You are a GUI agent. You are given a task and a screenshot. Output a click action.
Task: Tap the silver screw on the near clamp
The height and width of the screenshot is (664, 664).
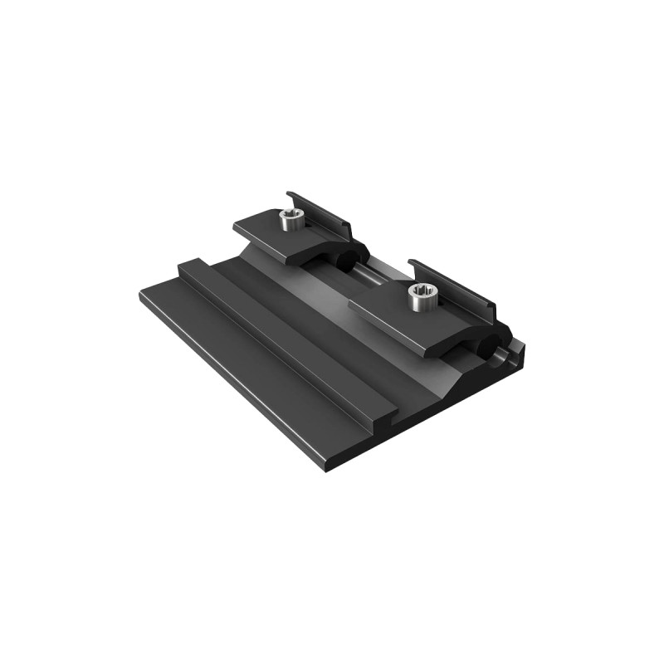point(422,295)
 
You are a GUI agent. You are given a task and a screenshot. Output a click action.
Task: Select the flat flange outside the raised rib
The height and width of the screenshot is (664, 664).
point(241,365)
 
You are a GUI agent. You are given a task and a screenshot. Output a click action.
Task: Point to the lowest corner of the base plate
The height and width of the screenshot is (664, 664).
point(326,469)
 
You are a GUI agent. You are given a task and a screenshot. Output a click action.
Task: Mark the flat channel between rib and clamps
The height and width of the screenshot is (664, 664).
point(332,332)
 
